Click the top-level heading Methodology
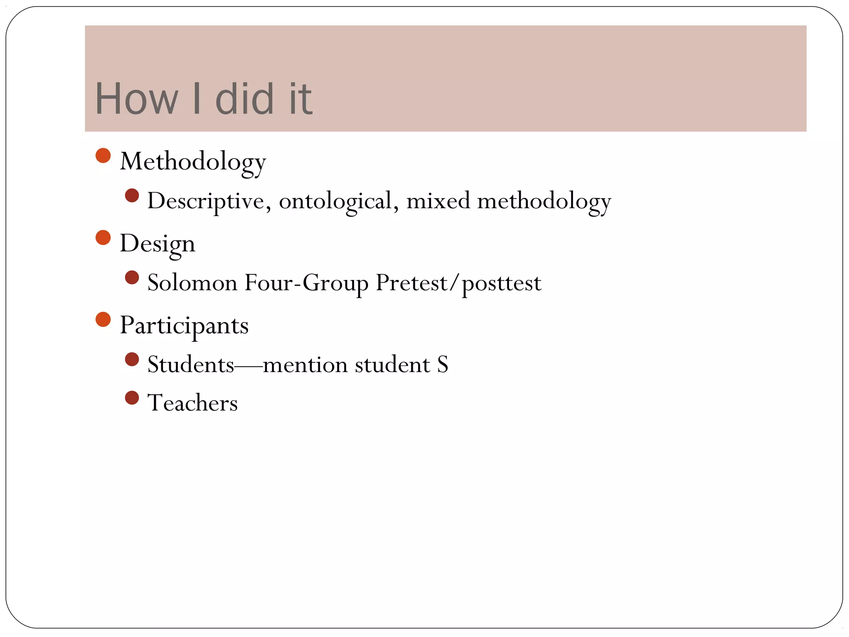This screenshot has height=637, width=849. point(193,161)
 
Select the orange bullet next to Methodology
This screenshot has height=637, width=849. point(103,156)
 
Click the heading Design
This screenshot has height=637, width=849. point(157,243)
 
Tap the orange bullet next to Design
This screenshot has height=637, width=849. point(103,238)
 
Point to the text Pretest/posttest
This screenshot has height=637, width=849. point(458,283)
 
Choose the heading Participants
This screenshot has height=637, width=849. point(184,325)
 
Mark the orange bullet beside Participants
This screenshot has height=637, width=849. point(103,319)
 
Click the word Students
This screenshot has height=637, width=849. point(191,365)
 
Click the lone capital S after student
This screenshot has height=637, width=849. point(443,365)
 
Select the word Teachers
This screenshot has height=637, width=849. point(192,403)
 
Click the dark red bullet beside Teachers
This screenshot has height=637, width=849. point(132,398)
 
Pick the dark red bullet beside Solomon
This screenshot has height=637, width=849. point(132,277)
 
